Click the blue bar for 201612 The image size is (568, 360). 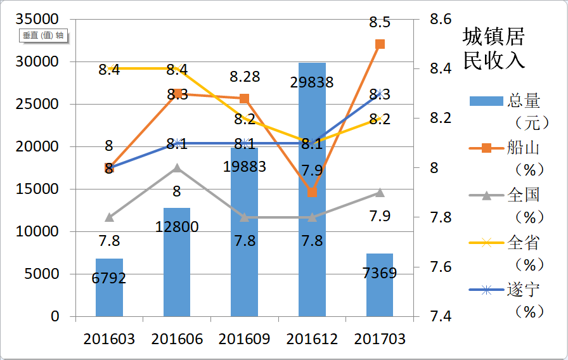[312, 190]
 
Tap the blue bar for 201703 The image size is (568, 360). [380, 285]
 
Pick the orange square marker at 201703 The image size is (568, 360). [380, 44]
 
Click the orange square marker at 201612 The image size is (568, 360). [312, 193]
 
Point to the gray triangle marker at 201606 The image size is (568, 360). [177, 168]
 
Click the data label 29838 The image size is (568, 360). [312, 82]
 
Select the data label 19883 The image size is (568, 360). [244, 167]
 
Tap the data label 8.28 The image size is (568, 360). [244, 77]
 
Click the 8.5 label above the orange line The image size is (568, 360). [380, 22]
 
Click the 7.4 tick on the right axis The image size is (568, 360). [438, 316]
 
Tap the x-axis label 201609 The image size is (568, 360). [244, 339]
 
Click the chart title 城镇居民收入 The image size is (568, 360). [494, 48]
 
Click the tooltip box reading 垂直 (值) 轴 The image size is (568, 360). [43, 35]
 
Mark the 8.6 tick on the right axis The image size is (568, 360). [438, 20]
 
